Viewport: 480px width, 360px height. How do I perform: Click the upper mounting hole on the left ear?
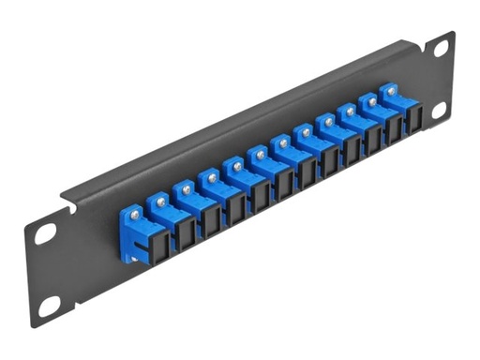pyautogui.click(x=45, y=234)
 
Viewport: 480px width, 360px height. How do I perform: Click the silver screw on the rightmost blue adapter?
pyautogui.click(x=384, y=93)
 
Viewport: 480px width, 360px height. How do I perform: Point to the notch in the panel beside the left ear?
pyautogui.click(x=67, y=199)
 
